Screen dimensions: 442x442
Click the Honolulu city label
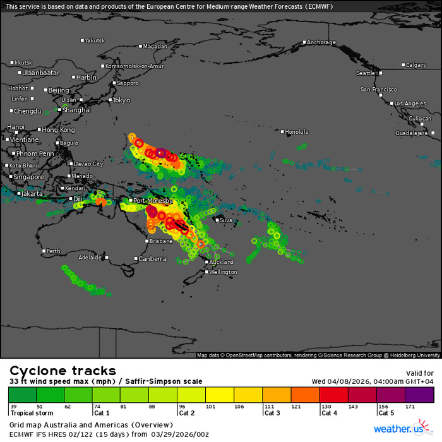point(297,132)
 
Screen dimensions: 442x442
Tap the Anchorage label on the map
point(321,43)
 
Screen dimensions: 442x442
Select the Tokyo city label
point(121,100)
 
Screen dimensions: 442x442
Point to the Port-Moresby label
point(150,201)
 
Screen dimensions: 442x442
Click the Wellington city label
point(223,272)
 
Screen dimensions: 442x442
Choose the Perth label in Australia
point(54,251)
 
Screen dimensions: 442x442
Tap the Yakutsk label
point(95,40)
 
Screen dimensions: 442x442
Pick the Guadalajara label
point(412,133)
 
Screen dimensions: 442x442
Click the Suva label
point(225,220)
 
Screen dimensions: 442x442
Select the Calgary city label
point(416,65)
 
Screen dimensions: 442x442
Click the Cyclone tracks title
point(63,371)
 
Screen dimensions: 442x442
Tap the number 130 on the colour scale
point(327,406)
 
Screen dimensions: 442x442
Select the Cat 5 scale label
point(385,413)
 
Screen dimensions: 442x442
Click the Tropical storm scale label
point(31,413)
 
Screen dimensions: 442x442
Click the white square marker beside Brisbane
point(146,241)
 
